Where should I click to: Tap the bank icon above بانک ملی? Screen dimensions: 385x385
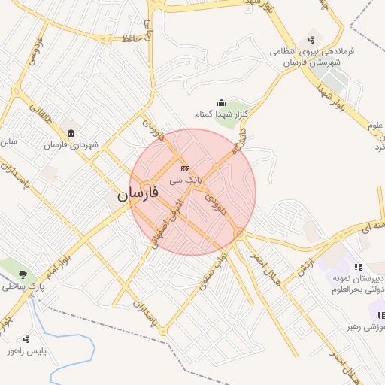[x=185, y=168]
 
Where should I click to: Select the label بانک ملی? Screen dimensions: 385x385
[x=186, y=180]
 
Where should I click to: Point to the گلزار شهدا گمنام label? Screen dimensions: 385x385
[x=220, y=115]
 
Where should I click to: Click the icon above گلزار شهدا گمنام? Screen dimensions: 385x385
[x=221, y=103]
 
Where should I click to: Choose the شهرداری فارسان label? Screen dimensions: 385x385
[x=71, y=144]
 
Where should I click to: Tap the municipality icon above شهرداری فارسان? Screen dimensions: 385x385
[x=71, y=133]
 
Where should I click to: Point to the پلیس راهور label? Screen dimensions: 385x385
[x=26, y=351]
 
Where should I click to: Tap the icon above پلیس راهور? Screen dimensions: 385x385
[x=27, y=339]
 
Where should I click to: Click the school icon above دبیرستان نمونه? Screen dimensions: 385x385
[x=358, y=267]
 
